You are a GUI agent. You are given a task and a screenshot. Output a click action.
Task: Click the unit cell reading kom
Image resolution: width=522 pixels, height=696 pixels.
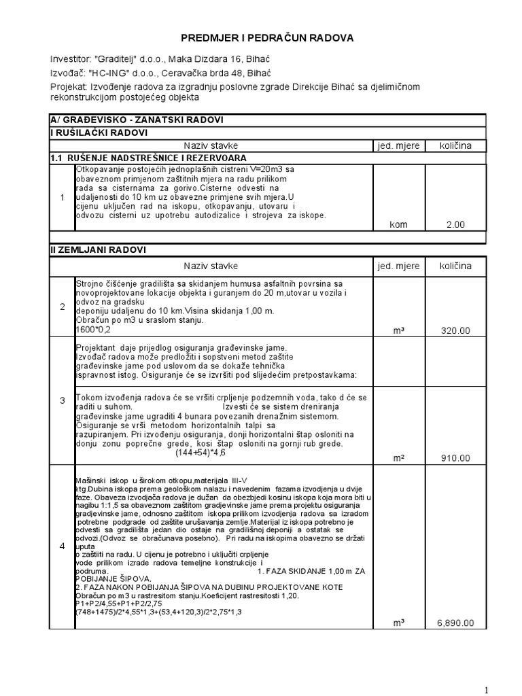point(399,223)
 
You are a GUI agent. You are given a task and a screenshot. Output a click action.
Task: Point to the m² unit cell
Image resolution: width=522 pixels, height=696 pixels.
point(399,458)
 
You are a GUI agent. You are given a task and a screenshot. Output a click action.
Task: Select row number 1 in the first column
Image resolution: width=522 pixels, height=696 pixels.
point(62,198)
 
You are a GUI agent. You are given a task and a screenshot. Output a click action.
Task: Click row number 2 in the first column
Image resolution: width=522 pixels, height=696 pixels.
point(62,307)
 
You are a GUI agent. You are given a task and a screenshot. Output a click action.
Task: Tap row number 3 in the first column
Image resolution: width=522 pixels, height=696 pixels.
point(62,400)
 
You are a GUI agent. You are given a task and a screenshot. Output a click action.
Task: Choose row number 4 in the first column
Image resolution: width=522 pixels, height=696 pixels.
point(62,546)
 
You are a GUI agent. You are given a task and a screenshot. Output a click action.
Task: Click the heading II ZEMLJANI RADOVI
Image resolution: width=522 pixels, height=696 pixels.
point(99,250)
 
